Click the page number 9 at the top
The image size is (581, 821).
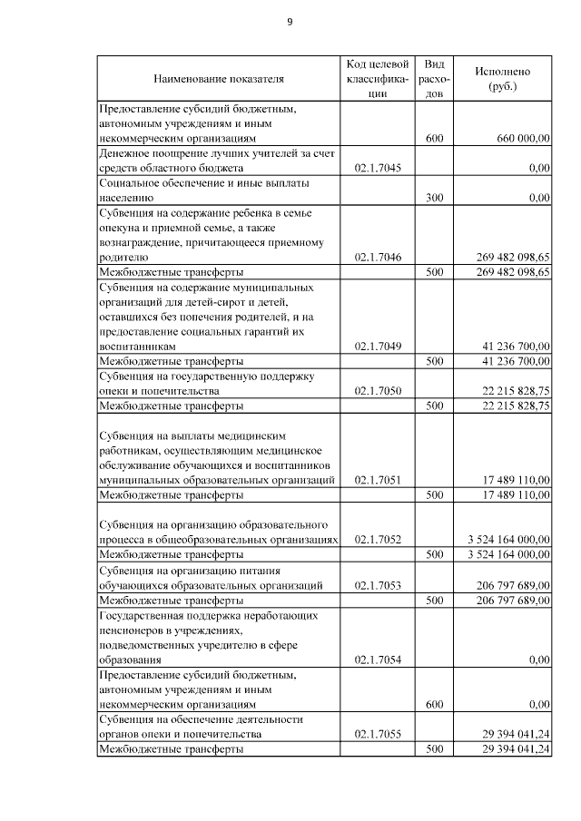pos(290,23)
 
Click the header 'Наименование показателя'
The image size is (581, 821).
pos(218,79)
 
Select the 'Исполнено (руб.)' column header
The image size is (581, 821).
pos(502,79)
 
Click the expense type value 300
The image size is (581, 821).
pos(434,197)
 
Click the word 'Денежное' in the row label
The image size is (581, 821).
pos(124,154)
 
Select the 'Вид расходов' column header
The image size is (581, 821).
pos(434,79)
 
